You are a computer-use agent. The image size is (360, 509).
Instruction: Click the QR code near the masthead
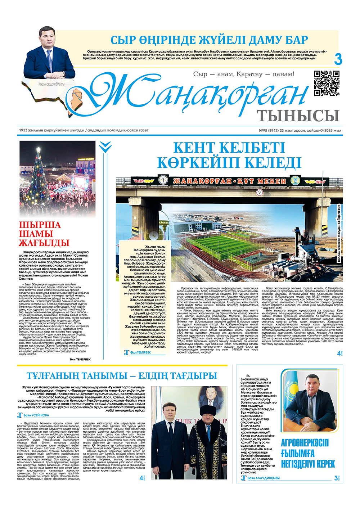[327, 83]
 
